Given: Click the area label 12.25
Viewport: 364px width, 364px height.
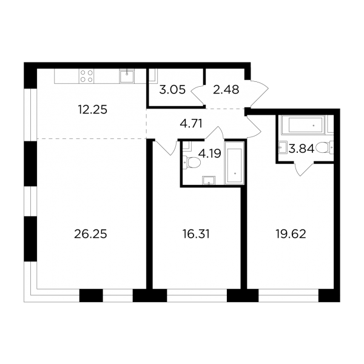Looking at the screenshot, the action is [x=92, y=110].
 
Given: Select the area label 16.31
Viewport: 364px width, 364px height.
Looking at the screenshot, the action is [x=196, y=234].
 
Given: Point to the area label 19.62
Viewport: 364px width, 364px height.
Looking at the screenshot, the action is [x=291, y=234].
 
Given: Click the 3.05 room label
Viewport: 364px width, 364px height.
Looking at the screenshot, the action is [x=172, y=90].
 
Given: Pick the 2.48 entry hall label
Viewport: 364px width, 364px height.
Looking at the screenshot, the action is [x=226, y=90].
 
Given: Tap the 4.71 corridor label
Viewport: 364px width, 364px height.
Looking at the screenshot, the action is [x=191, y=124].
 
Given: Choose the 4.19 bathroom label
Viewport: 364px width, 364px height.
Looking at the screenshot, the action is [x=210, y=153].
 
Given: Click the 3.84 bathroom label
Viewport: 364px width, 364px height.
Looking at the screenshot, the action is [x=302, y=149].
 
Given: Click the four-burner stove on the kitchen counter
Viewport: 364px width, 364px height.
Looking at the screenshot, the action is [x=87, y=76].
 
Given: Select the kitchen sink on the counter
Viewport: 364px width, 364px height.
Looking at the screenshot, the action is [x=127, y=76].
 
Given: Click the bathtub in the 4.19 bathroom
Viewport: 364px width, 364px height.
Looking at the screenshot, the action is [x=234, y=163].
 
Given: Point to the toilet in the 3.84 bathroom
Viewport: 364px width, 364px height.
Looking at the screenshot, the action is [x=325, y=147].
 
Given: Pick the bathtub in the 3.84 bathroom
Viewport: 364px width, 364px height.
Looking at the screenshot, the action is [x=304, y=125].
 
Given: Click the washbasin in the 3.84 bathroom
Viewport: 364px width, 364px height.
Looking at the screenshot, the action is [x=283, y=147].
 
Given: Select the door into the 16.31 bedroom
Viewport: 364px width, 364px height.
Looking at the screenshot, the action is [x=166, y=147].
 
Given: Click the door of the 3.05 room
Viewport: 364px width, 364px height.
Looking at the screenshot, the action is [x=198, y=96].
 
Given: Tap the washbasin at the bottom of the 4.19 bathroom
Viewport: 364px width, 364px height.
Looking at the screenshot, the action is [x=209, y=180].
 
